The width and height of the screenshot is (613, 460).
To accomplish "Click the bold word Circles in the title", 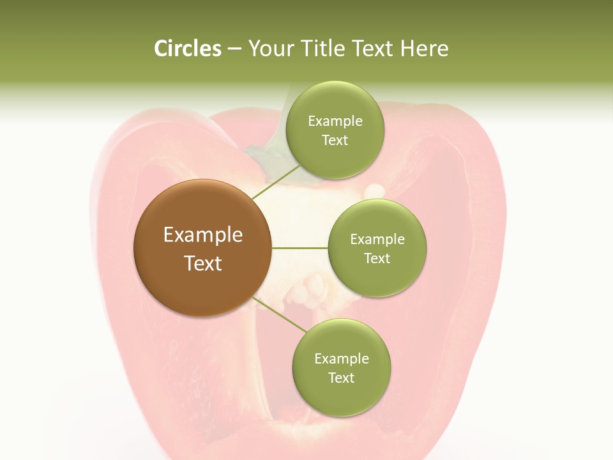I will tap(188, 49).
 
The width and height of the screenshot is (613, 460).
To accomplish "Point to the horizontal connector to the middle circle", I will tap(299, 247).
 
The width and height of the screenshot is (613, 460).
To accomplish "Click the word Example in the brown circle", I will tap(202, 235).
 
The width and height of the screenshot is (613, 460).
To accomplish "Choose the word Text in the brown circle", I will tap(202, 263).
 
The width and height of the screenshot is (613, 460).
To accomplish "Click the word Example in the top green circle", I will tap(335, 121).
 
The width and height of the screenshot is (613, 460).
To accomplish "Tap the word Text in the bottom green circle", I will tap(341, 378).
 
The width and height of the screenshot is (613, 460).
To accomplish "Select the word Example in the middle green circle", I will tap(377, 240).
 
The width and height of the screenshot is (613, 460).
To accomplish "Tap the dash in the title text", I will tap(234, 49).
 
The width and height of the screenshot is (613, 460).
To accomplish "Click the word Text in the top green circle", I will tap(335, 141).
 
